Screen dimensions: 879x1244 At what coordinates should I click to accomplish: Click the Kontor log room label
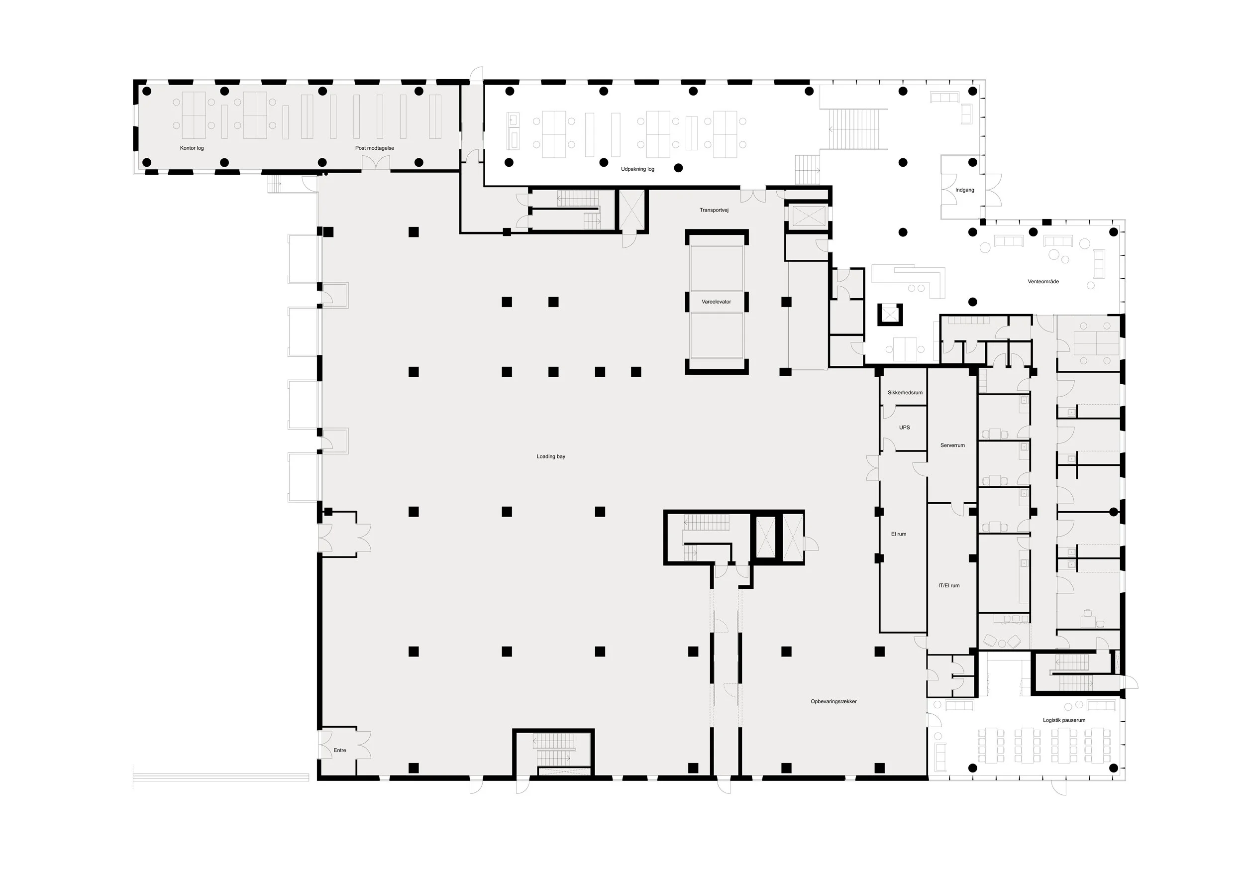(x=192, y=148)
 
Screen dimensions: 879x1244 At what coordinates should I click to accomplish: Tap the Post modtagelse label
(x=374, y=148)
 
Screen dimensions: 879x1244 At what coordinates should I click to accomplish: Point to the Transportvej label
(x=714, y=210)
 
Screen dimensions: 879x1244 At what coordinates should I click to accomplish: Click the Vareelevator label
(x=716, y=302)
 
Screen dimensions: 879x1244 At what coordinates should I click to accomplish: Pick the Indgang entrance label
(x=964, y=190)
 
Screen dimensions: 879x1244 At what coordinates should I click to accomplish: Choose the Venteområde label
(x=1043, y=282)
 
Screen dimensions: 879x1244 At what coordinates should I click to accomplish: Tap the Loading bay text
(x=550, y=457)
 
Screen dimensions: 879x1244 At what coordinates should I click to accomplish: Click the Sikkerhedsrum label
(x=905, y=393)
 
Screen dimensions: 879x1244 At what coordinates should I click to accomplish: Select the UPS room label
(x=904, y=428)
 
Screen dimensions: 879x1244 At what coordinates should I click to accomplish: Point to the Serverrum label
(x=952, y=445)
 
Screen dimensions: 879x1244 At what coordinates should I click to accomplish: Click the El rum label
(x=898, y=535)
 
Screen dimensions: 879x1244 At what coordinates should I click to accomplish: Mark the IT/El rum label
(x=949, y=586)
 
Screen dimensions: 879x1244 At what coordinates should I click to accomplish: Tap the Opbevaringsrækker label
(x=833, y=702)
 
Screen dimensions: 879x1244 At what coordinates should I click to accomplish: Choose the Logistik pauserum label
(x=1064, y=721)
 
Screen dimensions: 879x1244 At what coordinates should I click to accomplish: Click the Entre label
(x=340, y=751)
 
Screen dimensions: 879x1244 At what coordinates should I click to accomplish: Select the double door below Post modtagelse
(x=376, y=163)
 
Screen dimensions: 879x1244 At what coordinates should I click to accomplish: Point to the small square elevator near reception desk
(x=890, y=314)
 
